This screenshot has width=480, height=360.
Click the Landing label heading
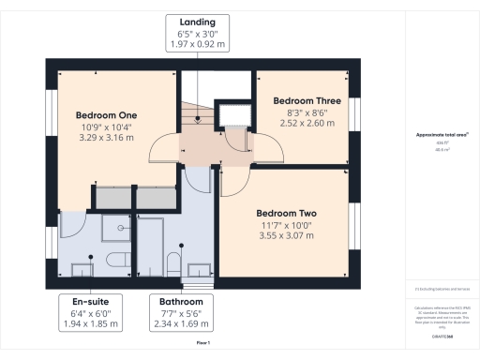tap(197, 21)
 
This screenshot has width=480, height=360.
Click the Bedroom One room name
tap(105, 115)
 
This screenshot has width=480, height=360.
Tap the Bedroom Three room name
tap(306, 99)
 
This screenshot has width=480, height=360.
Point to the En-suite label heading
tap(94, 301)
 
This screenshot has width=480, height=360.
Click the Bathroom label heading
tap(181, 301)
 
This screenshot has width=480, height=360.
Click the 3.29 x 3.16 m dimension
tap(105, 137)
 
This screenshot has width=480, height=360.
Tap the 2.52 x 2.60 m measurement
tap(306, 122)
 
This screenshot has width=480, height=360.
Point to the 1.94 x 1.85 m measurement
tap(94, 323)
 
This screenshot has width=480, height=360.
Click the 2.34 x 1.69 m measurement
tap(181, 323)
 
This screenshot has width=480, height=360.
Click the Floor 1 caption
tap(202, 345)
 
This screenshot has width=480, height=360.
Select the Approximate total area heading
tap(442, 135)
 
